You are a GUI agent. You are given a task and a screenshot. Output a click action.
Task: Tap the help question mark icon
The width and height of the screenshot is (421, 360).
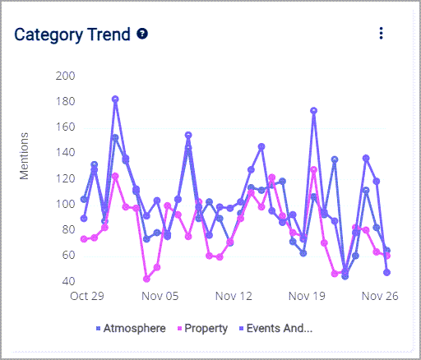point(142,34)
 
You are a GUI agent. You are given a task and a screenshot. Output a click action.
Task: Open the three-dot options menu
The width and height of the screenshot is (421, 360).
point(381,33)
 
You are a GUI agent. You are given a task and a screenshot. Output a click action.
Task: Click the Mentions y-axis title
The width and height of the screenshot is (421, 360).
point(25,155)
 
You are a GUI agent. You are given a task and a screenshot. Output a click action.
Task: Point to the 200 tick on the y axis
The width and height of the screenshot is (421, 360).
point(64,76)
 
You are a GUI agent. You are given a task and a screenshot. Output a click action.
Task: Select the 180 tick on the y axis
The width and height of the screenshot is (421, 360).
point(64,102)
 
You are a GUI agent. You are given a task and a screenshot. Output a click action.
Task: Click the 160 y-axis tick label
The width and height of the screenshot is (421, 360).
point(64,127)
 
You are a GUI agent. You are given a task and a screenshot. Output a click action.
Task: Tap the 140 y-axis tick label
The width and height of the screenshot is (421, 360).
point(64,153)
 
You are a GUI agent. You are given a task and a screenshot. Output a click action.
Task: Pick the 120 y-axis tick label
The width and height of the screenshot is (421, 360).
point(64,178)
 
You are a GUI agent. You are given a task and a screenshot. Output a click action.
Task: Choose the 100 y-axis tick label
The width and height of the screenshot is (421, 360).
point(64,205)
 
